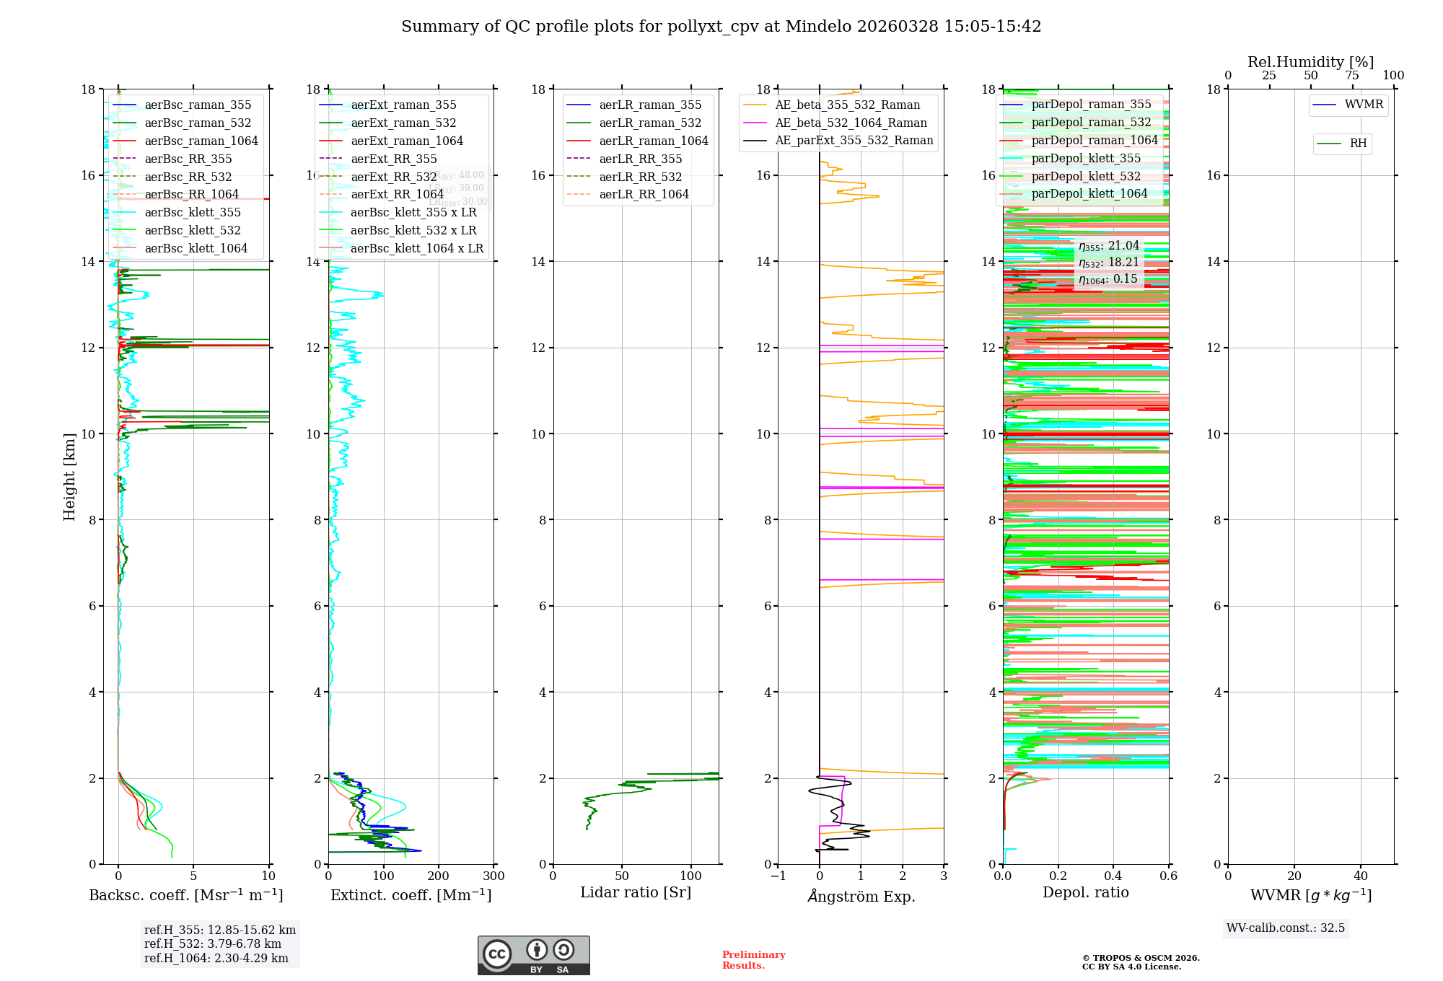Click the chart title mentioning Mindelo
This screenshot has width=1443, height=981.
[x=721, y=27]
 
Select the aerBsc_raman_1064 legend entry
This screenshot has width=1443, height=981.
[x=201, y=141]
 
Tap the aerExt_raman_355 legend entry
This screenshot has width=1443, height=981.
[x=403, y=105]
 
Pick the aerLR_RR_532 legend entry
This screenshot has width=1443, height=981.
[x=640, y=177]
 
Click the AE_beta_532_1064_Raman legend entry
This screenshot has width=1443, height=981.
[x=851, y=123]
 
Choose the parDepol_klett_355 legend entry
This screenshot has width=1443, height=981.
[x=1086, y=158]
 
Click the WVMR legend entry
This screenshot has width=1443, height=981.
[x=1363, y=105]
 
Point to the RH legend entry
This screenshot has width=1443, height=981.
[x=1357, y=144]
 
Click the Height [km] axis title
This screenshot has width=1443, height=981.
[x=69, y=476]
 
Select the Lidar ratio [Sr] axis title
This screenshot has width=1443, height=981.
[x=635, y=892]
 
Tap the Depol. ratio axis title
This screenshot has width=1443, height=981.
[x=1085, y=892]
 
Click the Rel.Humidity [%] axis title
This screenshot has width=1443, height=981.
[x=1310, y=62]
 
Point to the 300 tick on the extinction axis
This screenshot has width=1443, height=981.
[x=494, y=876]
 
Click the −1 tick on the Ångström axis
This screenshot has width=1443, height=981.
[x=778, y=876]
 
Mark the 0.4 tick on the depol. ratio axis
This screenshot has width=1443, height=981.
[x=1113, y=876]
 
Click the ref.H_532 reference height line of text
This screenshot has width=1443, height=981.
[x=212, y=943]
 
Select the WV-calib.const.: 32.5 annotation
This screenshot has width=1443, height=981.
[x=1285, y=928]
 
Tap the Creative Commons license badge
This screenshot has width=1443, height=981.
[x=533, y=955]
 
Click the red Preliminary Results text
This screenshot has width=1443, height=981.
[x=753, y=960]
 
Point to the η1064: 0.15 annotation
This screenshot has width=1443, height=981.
[x=1108, y=279]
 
